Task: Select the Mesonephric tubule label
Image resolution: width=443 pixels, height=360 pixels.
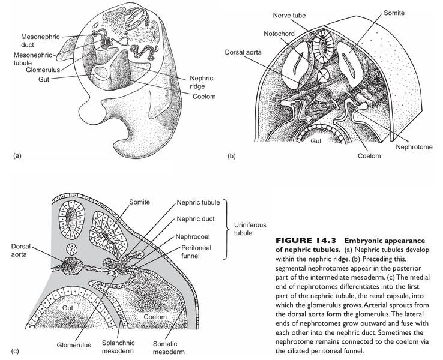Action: pos(37,59)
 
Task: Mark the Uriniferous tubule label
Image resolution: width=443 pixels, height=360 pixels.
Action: pos(243,232)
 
